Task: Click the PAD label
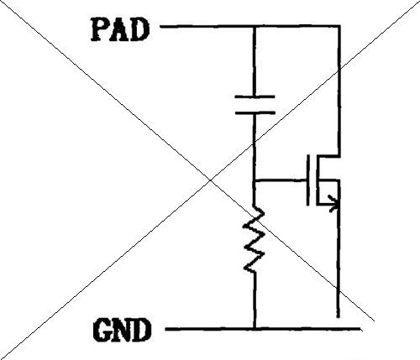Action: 120,29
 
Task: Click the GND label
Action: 122,330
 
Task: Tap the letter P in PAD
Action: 100,29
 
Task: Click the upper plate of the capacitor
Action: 255,97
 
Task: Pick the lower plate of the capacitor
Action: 255,113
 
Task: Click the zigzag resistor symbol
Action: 254,238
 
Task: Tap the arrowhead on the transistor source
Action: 334,204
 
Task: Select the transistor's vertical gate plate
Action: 308,180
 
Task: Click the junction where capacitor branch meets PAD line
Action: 255,27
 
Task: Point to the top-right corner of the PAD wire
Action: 339,26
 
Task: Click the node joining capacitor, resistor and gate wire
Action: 254,180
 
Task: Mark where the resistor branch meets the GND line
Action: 255,329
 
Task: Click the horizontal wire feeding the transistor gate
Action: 280,180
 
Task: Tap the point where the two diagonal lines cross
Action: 211,180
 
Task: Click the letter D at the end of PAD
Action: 139,29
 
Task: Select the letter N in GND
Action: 122,331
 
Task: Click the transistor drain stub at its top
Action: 328,156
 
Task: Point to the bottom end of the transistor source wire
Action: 339,317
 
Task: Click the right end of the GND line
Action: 360,329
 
